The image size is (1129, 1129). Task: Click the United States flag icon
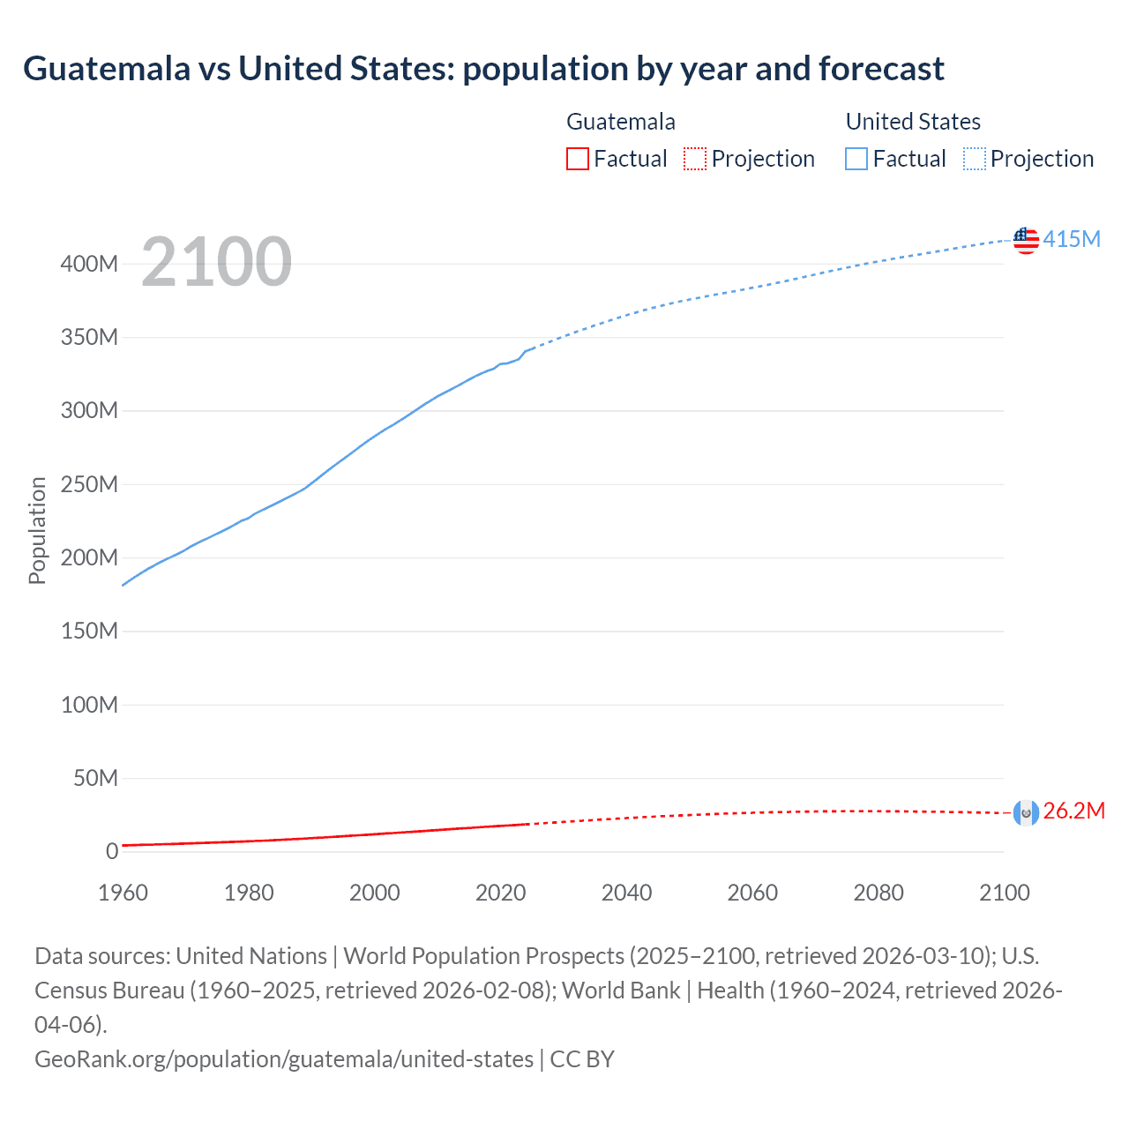click(1026, 240)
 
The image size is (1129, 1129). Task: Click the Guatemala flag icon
click(1026, 812)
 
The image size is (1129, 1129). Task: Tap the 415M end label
click(1072, 239)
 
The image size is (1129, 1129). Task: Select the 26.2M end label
click(1073, 811)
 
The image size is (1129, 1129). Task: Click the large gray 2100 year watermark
click(216, 262)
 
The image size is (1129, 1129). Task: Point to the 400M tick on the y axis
click(89, 264)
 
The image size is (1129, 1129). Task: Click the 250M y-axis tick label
click(89, 484)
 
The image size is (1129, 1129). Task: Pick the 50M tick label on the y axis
click(95, 778)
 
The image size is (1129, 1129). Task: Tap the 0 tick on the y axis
click(112, 851)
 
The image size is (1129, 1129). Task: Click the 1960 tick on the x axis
click(123, 893)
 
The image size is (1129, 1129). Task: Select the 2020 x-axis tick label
click(500, 893)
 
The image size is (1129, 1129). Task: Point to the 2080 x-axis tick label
click(879, 893)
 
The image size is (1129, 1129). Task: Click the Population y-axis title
click(37, 530)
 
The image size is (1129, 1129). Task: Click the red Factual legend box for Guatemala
click(577, 159)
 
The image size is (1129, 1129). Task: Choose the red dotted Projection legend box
click(695, 159)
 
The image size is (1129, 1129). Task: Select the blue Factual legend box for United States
click(856, 159)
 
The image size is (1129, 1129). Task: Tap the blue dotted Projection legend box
click(975, 159)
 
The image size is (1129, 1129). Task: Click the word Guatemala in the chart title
click(107, 69)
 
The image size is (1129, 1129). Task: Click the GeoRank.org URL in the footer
click(284, 1058)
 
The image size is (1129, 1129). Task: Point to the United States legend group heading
click(913, 122)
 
